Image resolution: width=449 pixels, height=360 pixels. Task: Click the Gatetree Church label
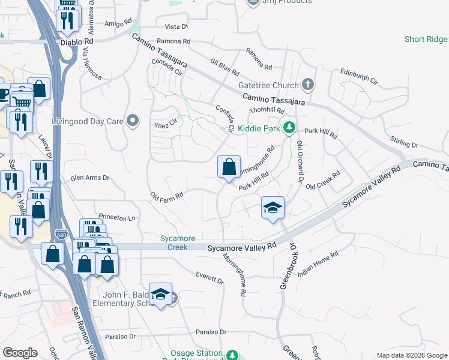pos(268,85)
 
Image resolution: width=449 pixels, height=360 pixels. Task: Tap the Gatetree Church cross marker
pos(309,84)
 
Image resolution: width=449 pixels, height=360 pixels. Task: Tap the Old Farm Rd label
pos(166,196)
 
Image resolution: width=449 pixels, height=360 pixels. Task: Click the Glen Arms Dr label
pos(90,178)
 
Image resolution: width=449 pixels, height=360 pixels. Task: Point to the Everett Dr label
pos(209,278)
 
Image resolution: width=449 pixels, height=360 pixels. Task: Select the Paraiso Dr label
pos(211,332)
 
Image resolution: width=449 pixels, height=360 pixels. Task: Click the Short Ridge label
pos(426,39)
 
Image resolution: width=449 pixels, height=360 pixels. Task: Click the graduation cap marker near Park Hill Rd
pos(273,208)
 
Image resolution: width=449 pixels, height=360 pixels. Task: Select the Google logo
pos(20,353)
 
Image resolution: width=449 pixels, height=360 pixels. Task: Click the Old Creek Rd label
pos(323,181)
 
